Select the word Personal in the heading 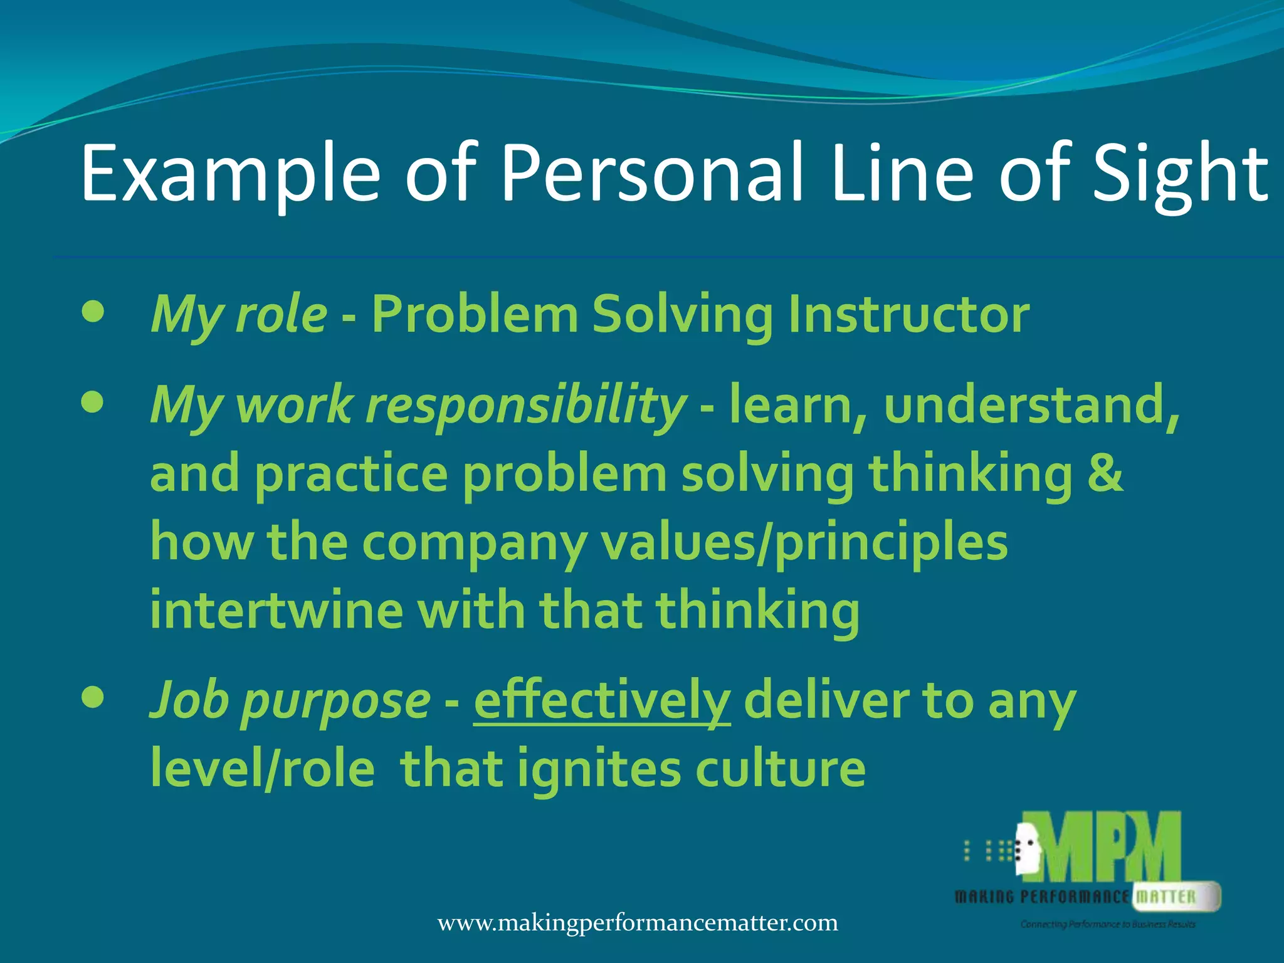point(652,174)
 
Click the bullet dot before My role point(93,312)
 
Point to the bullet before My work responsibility point(93,403)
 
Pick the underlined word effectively point(602,701)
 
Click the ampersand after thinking point(1105,473)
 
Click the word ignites point(599,770)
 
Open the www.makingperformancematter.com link point(638,923)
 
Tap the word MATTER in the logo point(1166,897)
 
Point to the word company point(474,542)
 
